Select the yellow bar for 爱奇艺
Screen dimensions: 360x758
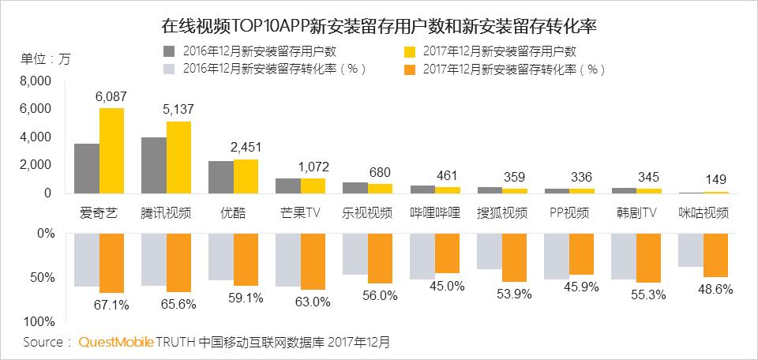111,150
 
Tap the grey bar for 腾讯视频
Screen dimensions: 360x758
153,165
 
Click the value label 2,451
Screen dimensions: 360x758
246,147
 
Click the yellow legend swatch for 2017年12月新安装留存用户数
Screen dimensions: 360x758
410,51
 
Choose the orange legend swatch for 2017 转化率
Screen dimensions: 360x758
410,69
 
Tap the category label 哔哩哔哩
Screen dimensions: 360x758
435,213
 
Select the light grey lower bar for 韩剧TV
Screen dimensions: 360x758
624,257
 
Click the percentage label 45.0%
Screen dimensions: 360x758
447,286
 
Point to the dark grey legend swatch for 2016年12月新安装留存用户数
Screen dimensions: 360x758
169,51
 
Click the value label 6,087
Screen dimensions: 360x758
111,96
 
